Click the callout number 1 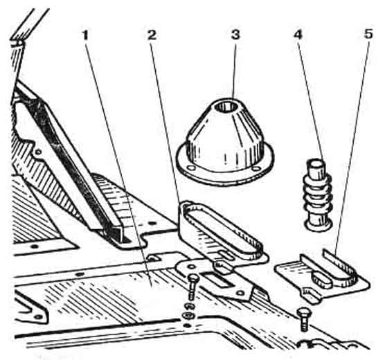point(85,35)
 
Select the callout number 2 point(152,35)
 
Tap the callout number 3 point(235,35)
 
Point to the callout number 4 point(298,35)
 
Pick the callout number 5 point(368,34)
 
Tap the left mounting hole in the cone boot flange point(191,168)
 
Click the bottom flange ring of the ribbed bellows point(319,225)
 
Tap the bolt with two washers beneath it point(192,287)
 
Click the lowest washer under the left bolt point(187,315)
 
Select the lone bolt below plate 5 point(304,320)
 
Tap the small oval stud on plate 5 point(322,279)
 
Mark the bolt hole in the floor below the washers point(187,325)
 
